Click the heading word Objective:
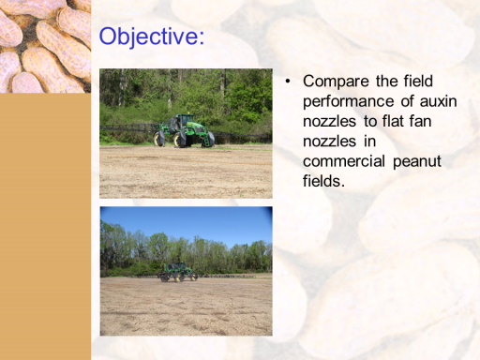(152, 37)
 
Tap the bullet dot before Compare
(288, 82)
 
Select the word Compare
(336, 82)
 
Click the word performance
(349, 102)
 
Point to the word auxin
(439, 101)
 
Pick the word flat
(385, 121)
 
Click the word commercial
(344, 161)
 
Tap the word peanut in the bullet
(417, 162)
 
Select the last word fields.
(323, 181)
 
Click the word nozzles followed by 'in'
(329, 142)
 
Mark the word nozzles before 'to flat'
(329, 122)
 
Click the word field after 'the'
(418, 81)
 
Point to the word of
(407, 101)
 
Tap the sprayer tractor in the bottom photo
(177, 272)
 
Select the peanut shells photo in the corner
(45, 46)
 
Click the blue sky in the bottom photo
(187, 223)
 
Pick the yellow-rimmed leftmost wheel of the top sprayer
(159, 139)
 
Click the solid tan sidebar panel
(45, 226)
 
